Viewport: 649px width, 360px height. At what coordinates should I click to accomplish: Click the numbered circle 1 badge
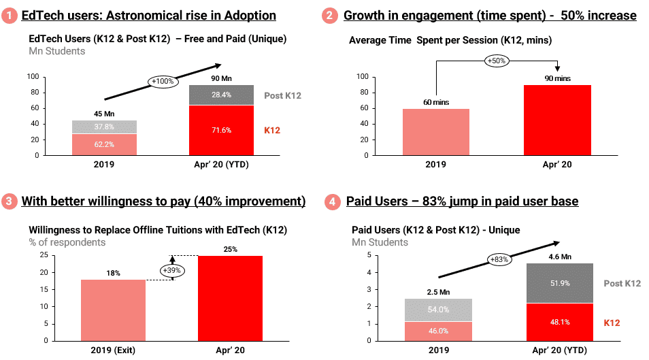click(x=11, y=16)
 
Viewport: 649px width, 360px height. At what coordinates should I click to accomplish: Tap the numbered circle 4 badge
click(x=331, y=201)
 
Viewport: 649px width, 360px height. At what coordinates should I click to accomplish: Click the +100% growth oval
click(x=163, y=82)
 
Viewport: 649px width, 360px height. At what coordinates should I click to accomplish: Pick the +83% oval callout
click(x=500, y=259)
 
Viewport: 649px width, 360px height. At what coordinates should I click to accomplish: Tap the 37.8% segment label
click(x=103, y=126)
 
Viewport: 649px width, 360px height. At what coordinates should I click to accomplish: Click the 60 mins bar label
click(x=435, y=101)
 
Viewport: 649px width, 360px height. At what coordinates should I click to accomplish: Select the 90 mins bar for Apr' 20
click(x=558, y=120)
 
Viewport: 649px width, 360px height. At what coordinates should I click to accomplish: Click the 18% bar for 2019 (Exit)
click(x=114, y=310)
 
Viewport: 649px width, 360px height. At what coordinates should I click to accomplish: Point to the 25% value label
click(x=230, y=248)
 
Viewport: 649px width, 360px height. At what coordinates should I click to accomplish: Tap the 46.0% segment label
click(x=438, y=331)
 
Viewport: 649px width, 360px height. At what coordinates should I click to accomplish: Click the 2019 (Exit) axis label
click(x=114, y=350)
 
